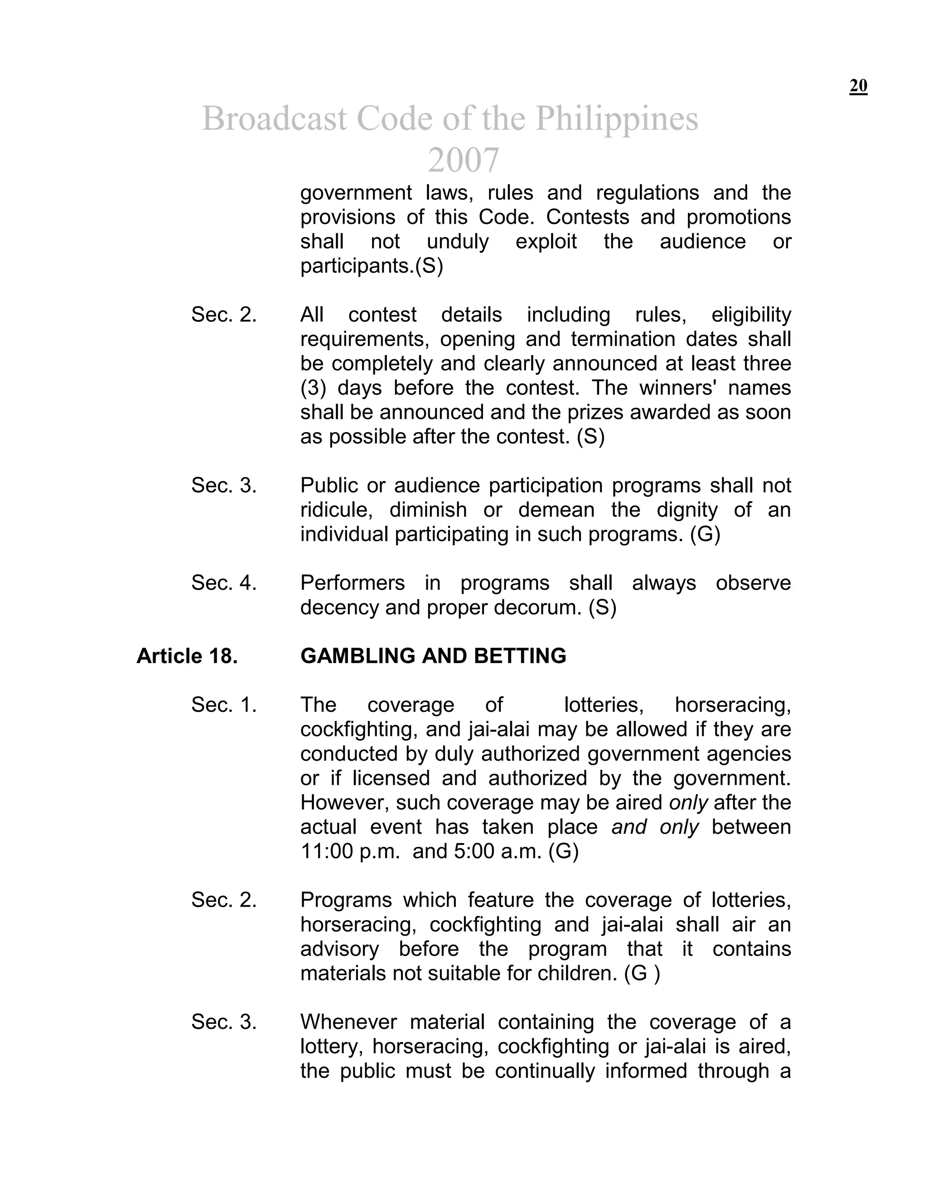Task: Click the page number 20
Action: [x=858, y=86]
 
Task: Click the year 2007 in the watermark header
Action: [x=463, y=160]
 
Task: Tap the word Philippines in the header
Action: [x=616, y=119]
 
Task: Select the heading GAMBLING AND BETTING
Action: [x=433, y=656]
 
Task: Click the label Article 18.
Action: [x=187, y=656]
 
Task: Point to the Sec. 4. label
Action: [x=224, y=582]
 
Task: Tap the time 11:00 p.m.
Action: [x=350, y=851]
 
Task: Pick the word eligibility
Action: [x=750, y=315]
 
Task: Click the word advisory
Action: [x=339, y=949]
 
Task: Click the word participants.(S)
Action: [x=372, y=266]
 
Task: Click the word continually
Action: [x=544, y=1071]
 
